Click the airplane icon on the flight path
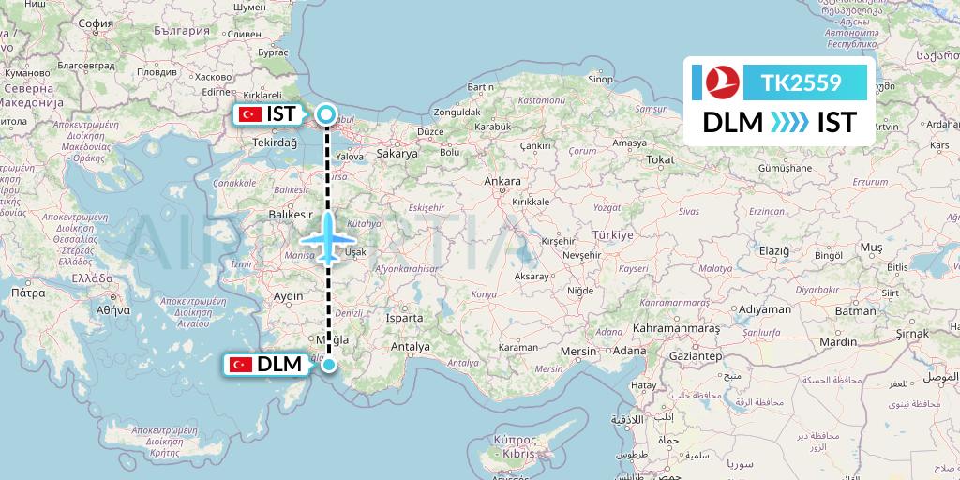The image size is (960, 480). click(329, 237)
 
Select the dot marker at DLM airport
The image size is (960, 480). click(328, 364)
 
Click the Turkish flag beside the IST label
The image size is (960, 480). click(249, 114)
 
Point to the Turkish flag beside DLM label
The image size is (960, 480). click(241, 365)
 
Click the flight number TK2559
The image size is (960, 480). click(801, 83)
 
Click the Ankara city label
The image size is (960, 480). click(502, 181)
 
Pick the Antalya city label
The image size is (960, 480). click(410, 347)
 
